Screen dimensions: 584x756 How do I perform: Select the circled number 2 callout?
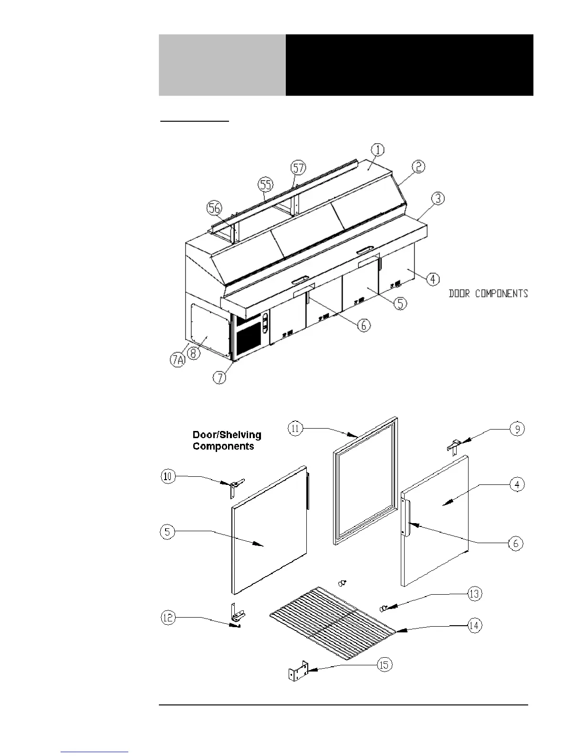418,167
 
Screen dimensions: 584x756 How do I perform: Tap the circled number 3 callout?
438,198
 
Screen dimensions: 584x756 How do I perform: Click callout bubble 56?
214,208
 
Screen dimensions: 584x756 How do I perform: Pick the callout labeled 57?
298,168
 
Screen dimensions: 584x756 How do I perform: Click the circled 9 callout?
517,429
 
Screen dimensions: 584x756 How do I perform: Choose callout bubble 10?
168,476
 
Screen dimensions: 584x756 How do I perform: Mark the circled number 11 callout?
295,429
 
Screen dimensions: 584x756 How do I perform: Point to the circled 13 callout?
474,594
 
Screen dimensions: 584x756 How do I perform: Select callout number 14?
474,625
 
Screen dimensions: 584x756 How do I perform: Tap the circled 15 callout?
385,665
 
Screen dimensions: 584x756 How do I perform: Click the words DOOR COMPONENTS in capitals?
488,294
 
